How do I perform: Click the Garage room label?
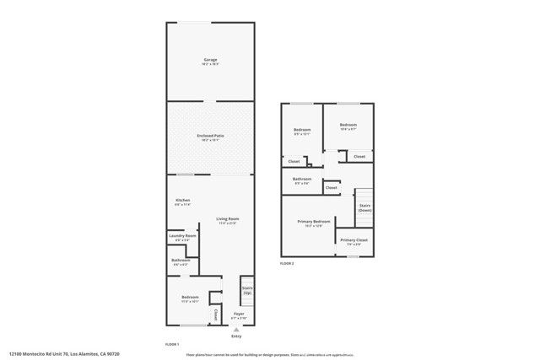(x=210, y=61)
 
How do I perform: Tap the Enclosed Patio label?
(x=210, y=137)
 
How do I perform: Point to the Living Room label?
(x=228, y=220)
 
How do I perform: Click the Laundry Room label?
(x=183, y=237)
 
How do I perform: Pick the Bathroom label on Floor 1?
(x=181, y=261)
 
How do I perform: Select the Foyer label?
(x=239, y=315)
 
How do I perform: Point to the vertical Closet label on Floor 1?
(x=216, y=314)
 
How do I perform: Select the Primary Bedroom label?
(x=313, y=223)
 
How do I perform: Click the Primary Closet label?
(x=354, y=241)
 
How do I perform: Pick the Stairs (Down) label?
(x=365, y=207)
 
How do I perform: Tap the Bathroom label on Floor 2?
(x=302, y=180)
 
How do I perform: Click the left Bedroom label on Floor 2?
(x=302, y=131)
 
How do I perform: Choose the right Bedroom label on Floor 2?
(x=348, y=127)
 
